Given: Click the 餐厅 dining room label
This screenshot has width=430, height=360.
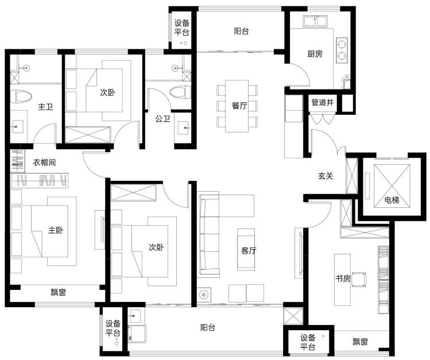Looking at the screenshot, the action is click(x=239, y=106).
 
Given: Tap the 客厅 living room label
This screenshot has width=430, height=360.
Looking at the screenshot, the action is click(x=249, y=250).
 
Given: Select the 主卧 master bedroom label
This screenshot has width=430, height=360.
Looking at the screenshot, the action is click(x=56, y=230).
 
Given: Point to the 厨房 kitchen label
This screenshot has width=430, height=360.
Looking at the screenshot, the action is click(x=315, y=54).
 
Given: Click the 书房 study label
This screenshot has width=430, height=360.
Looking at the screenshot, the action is click(x=343, y=278).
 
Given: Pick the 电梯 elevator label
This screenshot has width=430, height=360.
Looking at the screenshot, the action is click(x=392, y=200).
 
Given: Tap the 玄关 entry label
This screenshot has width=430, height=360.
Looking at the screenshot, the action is click(x=326, y=176).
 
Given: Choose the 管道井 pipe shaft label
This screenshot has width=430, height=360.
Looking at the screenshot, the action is click(x=323, y=103).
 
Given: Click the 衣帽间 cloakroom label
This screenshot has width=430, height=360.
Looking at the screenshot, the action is click(x=44, y=162).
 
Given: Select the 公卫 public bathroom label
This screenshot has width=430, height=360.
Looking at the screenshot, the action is click(x=162, y=119).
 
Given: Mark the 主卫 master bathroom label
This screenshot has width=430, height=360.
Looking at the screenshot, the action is click(x=45, y=106).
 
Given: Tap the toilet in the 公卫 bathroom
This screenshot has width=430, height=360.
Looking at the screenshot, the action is click(x=180, y=92).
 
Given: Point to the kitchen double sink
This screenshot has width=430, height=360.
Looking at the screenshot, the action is click(x=315, y=21).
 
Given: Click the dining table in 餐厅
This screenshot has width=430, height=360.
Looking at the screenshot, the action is click(x=237, y=106).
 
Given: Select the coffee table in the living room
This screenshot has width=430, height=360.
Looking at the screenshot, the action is click(x=246, y=249).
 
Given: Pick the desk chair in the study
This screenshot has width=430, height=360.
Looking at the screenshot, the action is click(x=359, y=280).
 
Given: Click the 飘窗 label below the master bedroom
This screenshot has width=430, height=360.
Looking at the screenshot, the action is click(x=59, y=292).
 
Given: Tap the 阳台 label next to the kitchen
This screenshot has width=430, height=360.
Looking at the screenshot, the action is click(x=241, y=31).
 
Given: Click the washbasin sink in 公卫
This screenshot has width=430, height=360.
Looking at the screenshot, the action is click(x=184, y=128).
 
